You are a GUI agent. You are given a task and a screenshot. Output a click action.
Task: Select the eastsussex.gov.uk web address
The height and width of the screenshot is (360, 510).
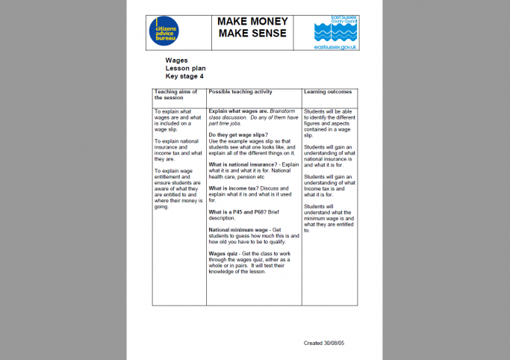336,47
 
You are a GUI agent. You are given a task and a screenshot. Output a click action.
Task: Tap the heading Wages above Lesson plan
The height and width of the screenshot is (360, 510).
176,60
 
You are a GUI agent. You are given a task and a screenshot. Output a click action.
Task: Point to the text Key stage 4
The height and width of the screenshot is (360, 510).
184,75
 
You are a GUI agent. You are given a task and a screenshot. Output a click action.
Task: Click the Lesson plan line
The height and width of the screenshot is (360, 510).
185,68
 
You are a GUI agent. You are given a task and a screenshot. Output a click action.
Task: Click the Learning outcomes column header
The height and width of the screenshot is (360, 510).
328,92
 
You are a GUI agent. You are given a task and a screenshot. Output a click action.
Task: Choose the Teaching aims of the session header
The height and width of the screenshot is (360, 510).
175,94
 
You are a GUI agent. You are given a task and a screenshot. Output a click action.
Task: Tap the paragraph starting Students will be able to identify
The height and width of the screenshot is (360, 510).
329,123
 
